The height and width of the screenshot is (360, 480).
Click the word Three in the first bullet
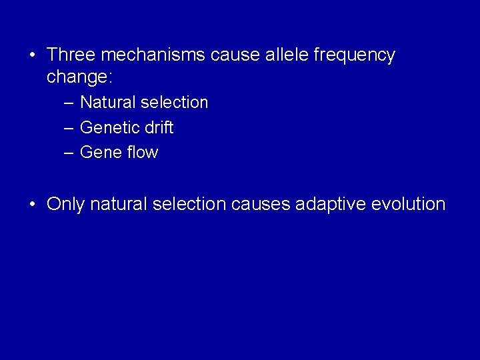70,55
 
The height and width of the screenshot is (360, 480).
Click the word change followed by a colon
79,77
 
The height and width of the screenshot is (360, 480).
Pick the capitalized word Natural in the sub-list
109,103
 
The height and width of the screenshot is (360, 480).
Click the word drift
158,127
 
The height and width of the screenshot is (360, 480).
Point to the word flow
143,153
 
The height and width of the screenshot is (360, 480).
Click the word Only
65,205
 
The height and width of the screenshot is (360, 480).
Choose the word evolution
409,204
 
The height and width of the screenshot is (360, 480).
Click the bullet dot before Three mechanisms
33,55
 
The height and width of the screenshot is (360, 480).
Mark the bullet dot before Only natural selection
33,205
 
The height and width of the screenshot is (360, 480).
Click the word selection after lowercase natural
189,204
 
